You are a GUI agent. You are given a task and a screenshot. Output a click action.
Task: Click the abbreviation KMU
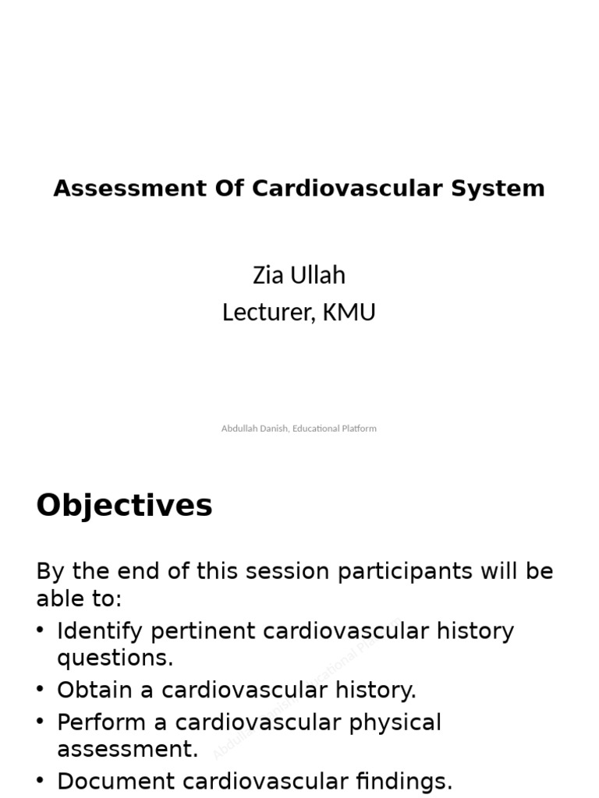pyautogui.click(x=349, y=312)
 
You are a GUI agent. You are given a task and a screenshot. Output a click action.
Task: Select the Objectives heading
pyautogui.click(x=125, y=506)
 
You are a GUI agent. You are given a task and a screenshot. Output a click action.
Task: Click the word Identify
pyautogui.click(x=101, y=630)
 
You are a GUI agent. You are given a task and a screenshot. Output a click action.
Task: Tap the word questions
pyautogui.click(x=115, y=659)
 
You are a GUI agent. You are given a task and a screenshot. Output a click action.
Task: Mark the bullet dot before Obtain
pyautogui.click(x=41, y=690)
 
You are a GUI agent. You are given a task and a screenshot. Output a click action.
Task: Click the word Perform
pyautogui.click(x=101, y=722)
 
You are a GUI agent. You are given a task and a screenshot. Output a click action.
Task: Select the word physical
pyautogui.click(x=395, y=722)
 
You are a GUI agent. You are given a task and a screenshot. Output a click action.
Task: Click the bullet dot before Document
pyautogui.click(x=41, y=781)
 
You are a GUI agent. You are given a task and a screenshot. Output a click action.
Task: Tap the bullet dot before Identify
pyautogui.click(x=41, y=630)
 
